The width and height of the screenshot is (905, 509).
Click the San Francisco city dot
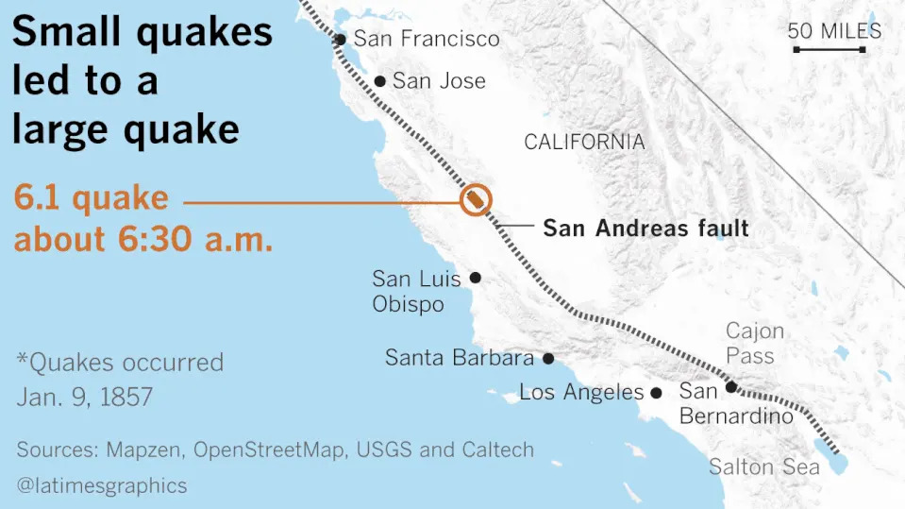[341, 40]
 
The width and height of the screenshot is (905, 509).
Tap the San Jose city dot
[379, 82]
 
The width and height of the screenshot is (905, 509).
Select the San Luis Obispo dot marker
[476, 278]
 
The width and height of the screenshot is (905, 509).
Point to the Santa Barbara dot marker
[547, 359]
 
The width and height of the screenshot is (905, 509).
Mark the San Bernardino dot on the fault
[730, 387]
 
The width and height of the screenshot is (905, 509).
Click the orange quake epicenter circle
[476, 200]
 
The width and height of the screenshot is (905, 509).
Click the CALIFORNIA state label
[584, 143]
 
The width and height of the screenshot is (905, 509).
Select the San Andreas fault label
[645, 228]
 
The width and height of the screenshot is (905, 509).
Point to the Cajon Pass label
[754, 344]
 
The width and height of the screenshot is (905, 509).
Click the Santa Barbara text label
[460, 359]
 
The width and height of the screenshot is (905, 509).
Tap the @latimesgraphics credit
[101, 486]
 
